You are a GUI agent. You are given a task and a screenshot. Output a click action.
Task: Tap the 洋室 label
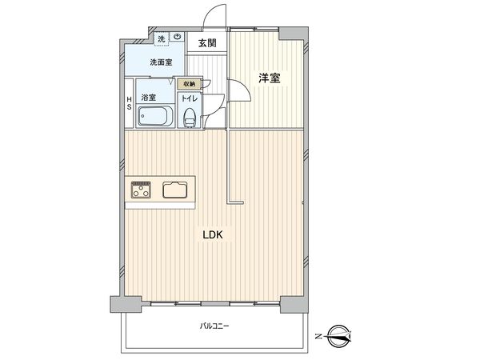pyautogui.click(x=268, y=78)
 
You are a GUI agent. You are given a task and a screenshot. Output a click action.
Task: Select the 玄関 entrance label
pyautogui.click(x=206, y=43)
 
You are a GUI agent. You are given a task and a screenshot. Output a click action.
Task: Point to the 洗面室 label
pyautogui.click(x=162, y=62)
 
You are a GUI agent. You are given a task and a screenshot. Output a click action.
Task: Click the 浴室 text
pyautogui.click(x=148, y=98)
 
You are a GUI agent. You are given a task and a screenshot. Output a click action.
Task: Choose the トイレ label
pyautogui.click(x=189, y=98)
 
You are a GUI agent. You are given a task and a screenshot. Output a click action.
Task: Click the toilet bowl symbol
pyautogui.click(x=189, y=117)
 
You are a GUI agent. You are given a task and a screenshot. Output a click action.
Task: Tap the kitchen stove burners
pyautogui.click(x=142, y=190)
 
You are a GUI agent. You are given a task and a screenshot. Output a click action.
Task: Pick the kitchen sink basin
pyautogui.click(x=175, y=190)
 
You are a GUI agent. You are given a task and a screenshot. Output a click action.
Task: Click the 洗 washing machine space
pyautogui.click(x=162, y=38)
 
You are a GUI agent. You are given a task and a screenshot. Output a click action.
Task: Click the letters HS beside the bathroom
pyautogui.click(x=128, y=105)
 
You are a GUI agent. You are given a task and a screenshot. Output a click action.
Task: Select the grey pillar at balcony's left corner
pyautogui.click(x=118, y=304)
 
